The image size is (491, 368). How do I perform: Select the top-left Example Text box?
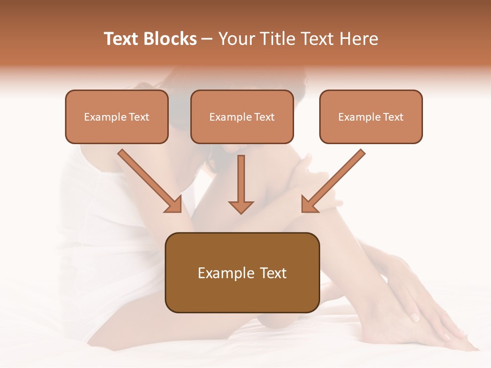coord(117,117)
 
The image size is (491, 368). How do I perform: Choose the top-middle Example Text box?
coord(242,117)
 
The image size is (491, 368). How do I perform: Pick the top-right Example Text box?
coord(371,117)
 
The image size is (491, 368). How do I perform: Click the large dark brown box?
coord(242,272)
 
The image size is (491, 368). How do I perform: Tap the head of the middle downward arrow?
coord(241,206)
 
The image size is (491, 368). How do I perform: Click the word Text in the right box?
coord(393,117)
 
